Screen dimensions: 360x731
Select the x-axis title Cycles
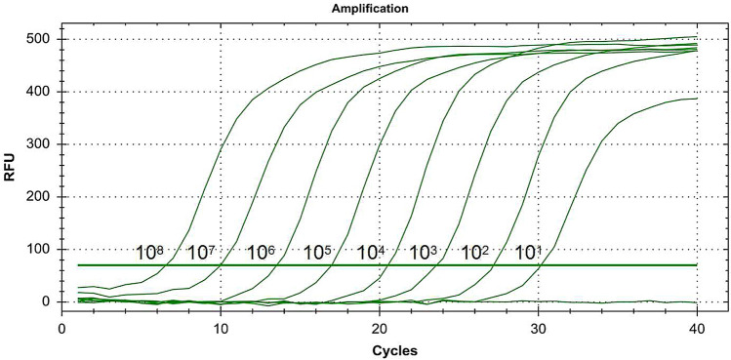(380, 348)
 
